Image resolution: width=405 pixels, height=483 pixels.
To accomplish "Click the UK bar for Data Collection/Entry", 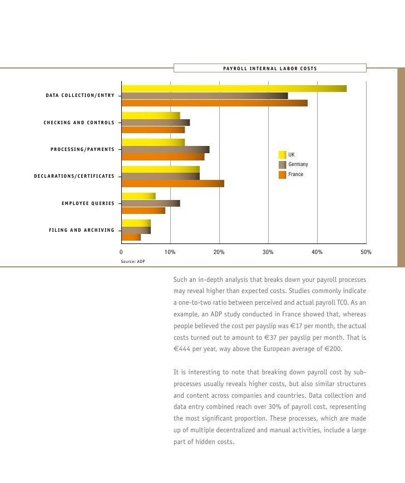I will point(234,89).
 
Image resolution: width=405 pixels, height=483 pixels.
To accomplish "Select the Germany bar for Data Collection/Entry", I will point(205,96).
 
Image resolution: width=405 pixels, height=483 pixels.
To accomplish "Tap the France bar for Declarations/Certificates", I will point(172,183).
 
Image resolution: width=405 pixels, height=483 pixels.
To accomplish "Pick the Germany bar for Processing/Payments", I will point(165,149).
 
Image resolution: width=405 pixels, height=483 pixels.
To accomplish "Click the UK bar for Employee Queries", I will point(139,196).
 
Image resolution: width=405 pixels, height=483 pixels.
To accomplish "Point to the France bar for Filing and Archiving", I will point(131,237).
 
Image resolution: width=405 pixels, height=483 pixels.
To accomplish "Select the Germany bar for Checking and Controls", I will point(156,123).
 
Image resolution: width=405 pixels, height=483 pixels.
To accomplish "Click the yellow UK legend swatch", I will point(282,154).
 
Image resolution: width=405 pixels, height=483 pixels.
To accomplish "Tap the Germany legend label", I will point(298,164).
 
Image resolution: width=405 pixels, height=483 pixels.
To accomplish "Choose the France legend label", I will point(295,174).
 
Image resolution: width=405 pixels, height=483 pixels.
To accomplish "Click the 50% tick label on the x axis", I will point(366,252).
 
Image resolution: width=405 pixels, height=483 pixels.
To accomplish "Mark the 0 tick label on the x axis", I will point(122,252).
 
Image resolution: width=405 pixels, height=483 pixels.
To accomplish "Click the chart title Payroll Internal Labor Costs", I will point(270,69).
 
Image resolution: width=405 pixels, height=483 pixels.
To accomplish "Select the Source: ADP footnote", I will point(132,261).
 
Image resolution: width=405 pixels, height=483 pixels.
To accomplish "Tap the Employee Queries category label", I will point(88,203).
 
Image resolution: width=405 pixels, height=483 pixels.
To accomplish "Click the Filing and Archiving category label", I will point(82,230).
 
